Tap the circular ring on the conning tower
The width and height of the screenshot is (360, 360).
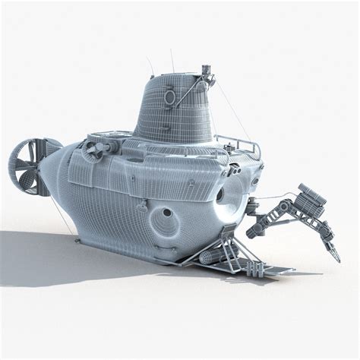click(169, 96)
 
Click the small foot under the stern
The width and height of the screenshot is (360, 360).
click(77, 241)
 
